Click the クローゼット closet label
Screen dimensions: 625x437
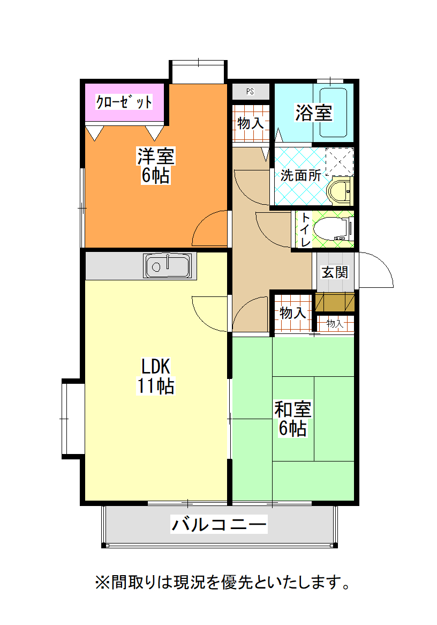tap(124, 102)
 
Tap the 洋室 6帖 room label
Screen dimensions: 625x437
tap(155, 166)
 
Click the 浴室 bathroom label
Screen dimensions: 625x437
tap(313, 113)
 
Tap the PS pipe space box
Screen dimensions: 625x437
tap(250, 91)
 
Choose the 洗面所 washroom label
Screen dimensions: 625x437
tap(300, 175)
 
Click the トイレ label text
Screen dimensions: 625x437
tap(305, 230)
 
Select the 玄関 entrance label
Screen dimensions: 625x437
tap(335, 272)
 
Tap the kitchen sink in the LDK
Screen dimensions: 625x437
tap(167, 266)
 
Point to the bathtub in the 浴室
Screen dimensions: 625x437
tap(334, 113)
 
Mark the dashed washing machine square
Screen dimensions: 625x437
tap(340, 161)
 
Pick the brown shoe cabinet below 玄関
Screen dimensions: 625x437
tap(335, 302)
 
